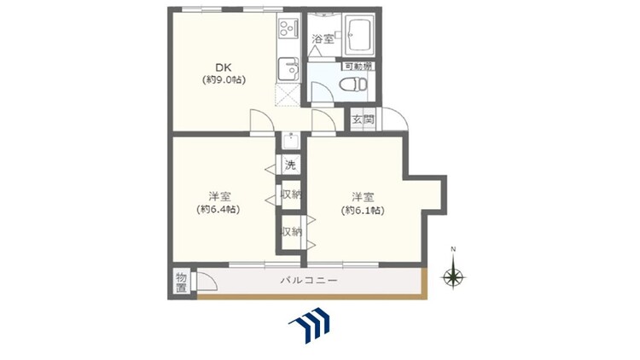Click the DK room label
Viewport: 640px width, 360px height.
click(x=224, y=67)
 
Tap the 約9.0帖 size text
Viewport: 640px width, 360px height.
click(x=224, y=80)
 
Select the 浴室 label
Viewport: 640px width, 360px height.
click(x=323, y=39)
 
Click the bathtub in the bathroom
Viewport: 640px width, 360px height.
click(x=359, y=36)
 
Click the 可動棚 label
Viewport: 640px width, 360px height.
click(x=358, y=67)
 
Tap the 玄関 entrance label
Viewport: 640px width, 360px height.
click(x=363, y=119)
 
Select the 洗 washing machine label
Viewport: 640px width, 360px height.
click(x=290, y=165)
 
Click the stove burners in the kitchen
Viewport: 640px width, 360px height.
click(x=288, y=28)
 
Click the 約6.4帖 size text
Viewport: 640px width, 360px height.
click(x=218, y=209)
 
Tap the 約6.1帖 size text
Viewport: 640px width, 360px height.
click(x=363, y=211)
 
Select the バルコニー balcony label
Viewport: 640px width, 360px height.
click(x=309, y=281)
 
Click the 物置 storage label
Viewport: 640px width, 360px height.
click(x=181, y=283)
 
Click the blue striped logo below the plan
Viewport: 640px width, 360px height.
click(x=310, y=326)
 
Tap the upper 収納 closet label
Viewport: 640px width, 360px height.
click(x=291, y=195)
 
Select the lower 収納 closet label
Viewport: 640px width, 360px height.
click(x=292, y=232)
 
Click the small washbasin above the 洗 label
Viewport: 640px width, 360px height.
click(x=291, y=141)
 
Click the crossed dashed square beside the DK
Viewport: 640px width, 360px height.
click(x=288, y=96)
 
